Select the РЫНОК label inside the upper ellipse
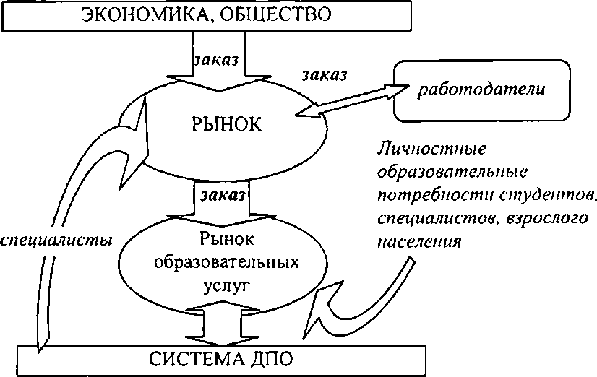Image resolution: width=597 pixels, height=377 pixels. pos(225,123)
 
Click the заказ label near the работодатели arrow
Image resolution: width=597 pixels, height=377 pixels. pos(324,74)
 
